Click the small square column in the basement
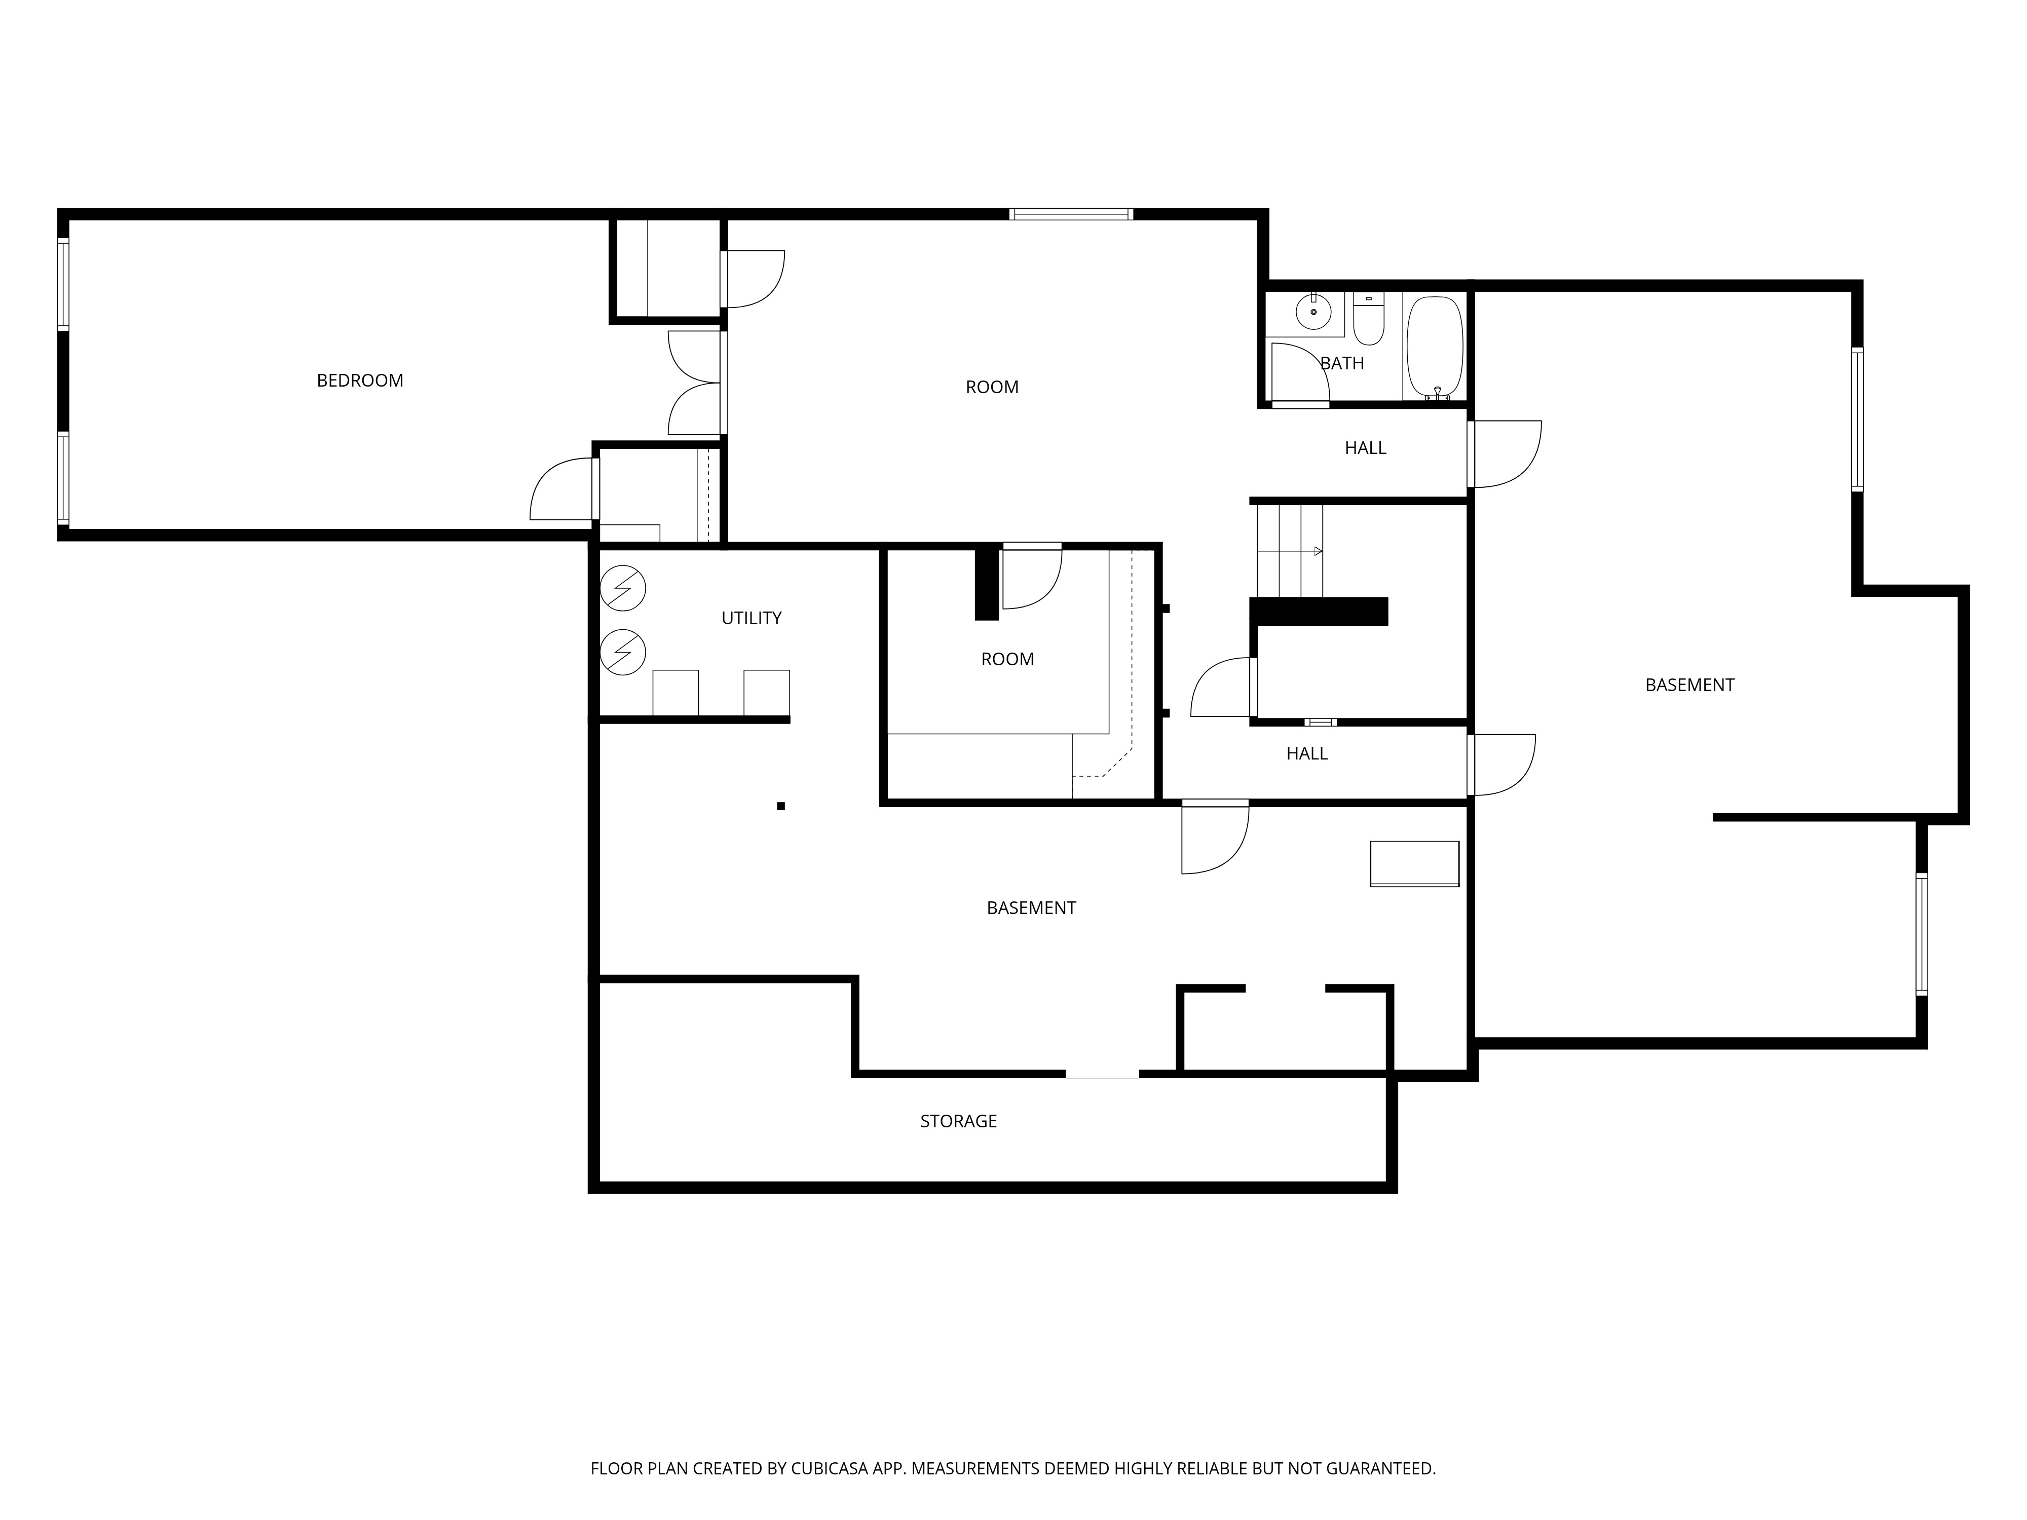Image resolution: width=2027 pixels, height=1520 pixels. coord(781,806)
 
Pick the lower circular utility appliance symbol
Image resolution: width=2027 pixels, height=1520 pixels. coord(623,653)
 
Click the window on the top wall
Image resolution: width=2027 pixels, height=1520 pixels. coord(1071,214)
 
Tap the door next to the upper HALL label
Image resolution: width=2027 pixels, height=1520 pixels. coord(1505,453)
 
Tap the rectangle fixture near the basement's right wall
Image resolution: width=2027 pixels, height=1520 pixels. coord(1414,864)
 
